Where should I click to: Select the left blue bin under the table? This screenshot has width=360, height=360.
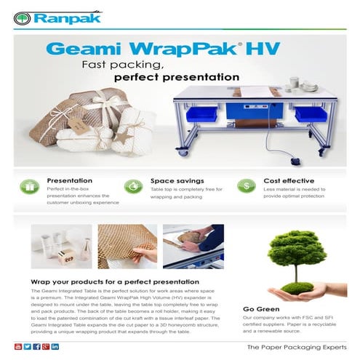[x=200, y=115]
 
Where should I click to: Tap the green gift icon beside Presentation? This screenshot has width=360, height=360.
[x=29, y=187]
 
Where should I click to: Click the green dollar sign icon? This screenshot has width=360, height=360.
[x=247, y=187]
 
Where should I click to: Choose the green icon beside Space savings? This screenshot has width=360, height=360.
[x=134, y=187]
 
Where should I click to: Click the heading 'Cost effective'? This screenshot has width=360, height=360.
[x=289, y=180]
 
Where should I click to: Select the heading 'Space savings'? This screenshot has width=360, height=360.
[x=177, y=180]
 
